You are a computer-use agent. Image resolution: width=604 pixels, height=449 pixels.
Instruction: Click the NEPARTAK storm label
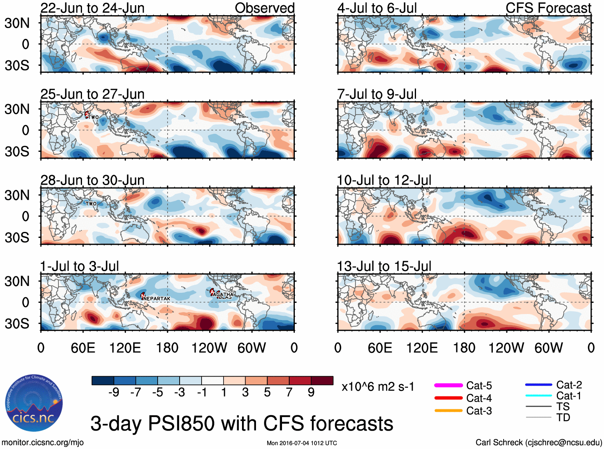coord(157,299)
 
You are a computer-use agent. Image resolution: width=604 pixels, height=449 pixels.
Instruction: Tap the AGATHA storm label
coord(224,294)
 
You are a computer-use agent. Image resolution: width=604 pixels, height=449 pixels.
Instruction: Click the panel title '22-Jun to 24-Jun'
coord(92,8)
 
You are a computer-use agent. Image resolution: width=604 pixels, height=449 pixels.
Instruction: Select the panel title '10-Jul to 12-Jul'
coord(384,180)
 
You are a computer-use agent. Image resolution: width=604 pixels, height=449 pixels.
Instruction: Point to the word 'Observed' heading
coord(264,8)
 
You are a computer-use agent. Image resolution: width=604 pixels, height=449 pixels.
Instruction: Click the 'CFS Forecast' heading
coord(548,8)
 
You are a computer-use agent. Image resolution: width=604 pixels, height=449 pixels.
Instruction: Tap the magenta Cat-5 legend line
coord(448,385)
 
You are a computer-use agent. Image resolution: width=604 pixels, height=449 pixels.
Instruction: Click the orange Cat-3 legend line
coord(448,411)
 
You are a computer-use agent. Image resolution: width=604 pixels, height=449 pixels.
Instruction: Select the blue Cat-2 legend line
coord(538,385)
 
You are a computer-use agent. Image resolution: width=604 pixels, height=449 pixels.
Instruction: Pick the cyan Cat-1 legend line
coord(538,396)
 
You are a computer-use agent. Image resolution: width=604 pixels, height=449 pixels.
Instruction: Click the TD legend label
coord(563,418)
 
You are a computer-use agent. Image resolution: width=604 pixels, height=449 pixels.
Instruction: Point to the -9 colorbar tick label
coord(114,393)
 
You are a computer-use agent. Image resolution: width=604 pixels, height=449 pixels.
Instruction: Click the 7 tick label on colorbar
coord(289,393)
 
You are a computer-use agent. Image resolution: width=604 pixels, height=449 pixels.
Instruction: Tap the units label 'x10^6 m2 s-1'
coord(378,387)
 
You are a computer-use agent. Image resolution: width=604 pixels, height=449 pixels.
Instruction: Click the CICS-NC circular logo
coord(34,403)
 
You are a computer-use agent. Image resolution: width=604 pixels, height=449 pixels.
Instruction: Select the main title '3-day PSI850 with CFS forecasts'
coord(242,423)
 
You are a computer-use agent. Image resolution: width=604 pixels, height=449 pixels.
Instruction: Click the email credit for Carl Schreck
coord(538,443)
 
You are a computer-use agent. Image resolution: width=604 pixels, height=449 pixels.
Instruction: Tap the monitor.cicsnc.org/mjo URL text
coord(43,443)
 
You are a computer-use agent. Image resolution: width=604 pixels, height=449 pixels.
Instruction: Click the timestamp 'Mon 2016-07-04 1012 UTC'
coord(302,443)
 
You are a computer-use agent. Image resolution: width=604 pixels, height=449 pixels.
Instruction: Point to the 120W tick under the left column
coord(209,348)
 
